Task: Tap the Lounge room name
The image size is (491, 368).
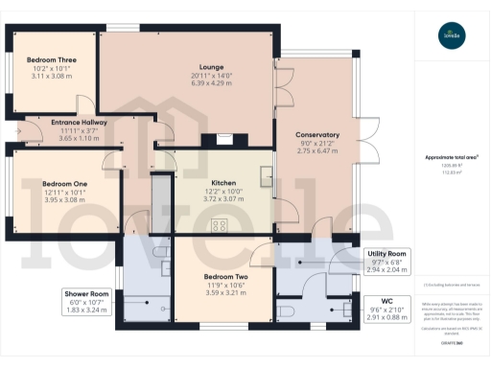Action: click(212, 66)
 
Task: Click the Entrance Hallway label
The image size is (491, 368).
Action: click(66, 123)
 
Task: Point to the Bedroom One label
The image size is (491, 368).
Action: click(65, 183)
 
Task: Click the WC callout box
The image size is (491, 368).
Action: click(388, 308)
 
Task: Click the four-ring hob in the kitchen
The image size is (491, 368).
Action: click(220, 226)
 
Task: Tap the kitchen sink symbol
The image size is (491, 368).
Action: click(264, 174)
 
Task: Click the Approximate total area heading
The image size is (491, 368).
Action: click(452, 156)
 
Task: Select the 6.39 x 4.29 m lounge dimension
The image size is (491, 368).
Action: click(212, 82)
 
